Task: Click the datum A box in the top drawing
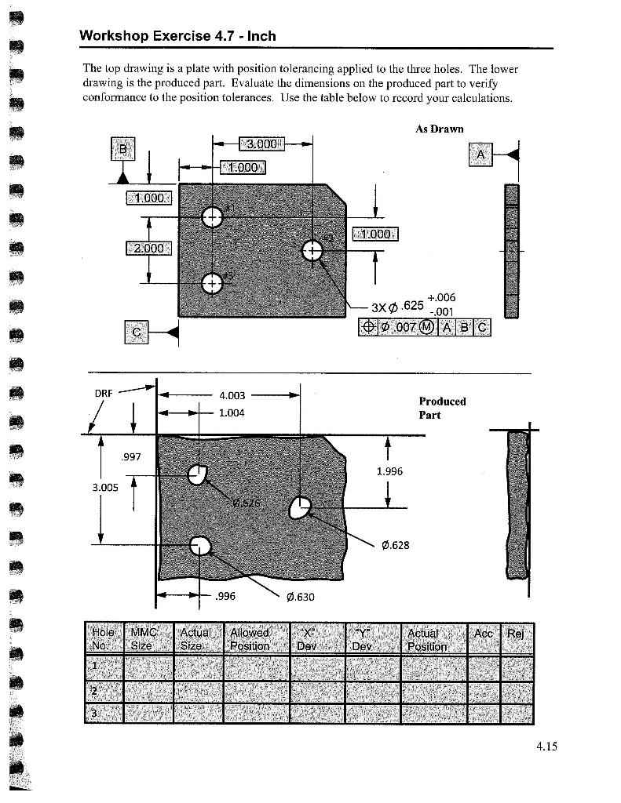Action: (480, 155)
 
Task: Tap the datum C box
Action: (137, 332)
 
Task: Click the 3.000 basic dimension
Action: (262, 144)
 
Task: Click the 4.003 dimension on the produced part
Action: (232, 396)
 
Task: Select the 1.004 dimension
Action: (232, 412)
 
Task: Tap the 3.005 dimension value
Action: (105, 487)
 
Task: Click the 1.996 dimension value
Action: (389, 471)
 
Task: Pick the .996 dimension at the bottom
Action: (225, 596)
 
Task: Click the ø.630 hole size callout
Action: (301, 597)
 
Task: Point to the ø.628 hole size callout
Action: (395, 545)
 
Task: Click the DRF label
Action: (104, 393)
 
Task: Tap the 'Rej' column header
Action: (516, 634)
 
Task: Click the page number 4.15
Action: (546, 747)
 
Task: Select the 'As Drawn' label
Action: (439, 129)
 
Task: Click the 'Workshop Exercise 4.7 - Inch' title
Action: (177, 36)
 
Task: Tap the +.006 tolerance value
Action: (442, 297)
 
